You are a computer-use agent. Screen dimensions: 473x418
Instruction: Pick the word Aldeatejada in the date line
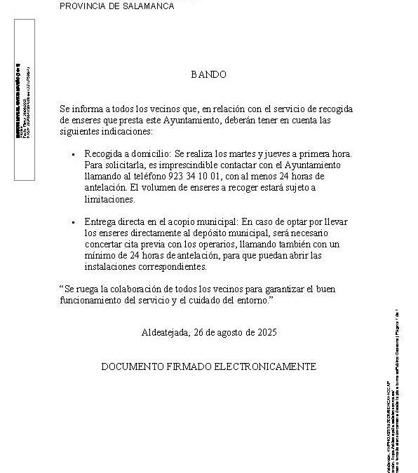tap(165, 332)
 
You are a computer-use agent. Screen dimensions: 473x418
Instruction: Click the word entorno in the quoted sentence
tap(252, 300)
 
